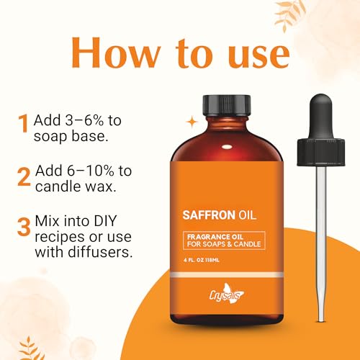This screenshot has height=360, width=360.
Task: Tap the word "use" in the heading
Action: [258, 55]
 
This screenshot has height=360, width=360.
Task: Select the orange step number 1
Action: [24, 123]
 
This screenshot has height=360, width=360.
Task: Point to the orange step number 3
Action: [24, 227]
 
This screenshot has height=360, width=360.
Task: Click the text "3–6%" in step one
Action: [84, 120]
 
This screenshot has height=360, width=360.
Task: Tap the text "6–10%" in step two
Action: [90, 171]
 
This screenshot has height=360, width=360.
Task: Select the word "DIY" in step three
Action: [105, 221]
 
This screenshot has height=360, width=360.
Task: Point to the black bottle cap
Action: [227, 106]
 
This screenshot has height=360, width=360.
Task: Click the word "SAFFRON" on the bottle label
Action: [209, 215]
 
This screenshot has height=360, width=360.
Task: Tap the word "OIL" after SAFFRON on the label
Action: [247, 215]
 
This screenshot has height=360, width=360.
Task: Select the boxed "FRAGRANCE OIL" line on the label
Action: [215, 237]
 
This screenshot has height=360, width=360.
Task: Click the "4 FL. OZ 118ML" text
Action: [202, 260]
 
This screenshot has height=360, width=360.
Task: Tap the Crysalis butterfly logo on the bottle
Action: [227, 293]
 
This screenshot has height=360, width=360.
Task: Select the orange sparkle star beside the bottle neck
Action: [192, 122]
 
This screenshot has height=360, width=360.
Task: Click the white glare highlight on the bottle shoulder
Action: [227, 147]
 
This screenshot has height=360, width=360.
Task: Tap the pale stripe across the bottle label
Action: [227, 275]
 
